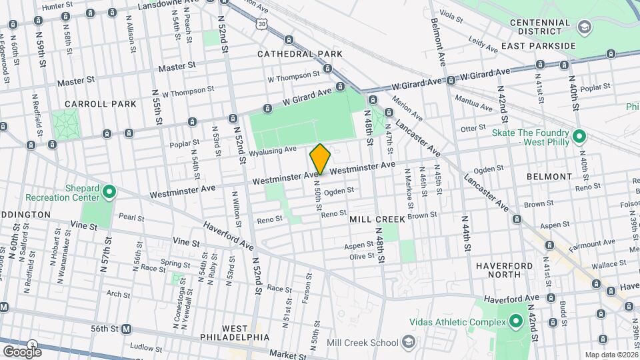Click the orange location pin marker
[x=321, y=159]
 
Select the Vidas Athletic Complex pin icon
[x=515, y=323]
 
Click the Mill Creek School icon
[x=409, y=343]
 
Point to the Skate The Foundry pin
[x=579, y=137]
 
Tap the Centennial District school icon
[x=585, y=27]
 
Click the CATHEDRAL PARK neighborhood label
[x=299, y=54]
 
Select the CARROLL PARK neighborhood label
[x=101, y=104]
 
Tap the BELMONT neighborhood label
[x=549, y=177]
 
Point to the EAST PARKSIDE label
[x=539, y=45]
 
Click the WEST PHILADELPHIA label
[x=235, y=333]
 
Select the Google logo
[x=22, y=351]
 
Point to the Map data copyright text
[x=611, y=355]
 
